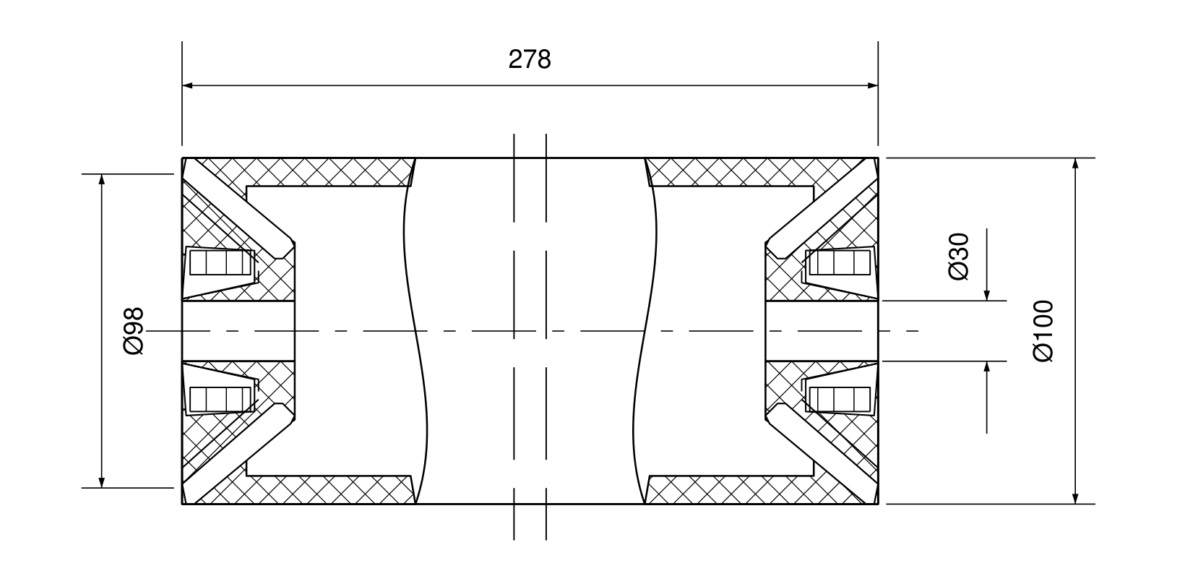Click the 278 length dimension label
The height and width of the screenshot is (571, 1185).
point(530,59)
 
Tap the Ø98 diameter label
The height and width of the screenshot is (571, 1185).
point(133,331)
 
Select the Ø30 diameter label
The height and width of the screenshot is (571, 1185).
point(959,256)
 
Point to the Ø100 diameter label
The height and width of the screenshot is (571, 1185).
point(1043,331)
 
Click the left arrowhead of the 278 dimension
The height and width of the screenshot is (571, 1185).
point(187,85)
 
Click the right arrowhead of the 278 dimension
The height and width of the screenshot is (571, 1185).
point(873,85)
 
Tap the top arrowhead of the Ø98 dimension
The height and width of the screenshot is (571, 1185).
point(102,179)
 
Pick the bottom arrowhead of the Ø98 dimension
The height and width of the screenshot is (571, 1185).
point(102,482)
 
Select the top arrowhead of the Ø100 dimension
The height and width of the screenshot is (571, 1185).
point(1075,163)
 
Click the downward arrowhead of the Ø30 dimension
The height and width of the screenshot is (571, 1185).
point(986,296)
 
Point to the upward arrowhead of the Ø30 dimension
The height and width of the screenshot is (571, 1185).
point(986,366)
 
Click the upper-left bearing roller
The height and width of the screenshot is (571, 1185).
point(220,262)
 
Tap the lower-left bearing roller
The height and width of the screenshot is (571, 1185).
point(220,399)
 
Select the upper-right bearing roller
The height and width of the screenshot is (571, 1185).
point(840,262)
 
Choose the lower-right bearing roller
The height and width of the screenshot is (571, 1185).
point(840,399)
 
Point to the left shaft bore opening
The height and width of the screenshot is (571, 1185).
point(238,331)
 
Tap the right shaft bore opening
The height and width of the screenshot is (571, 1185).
point(822,331)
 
